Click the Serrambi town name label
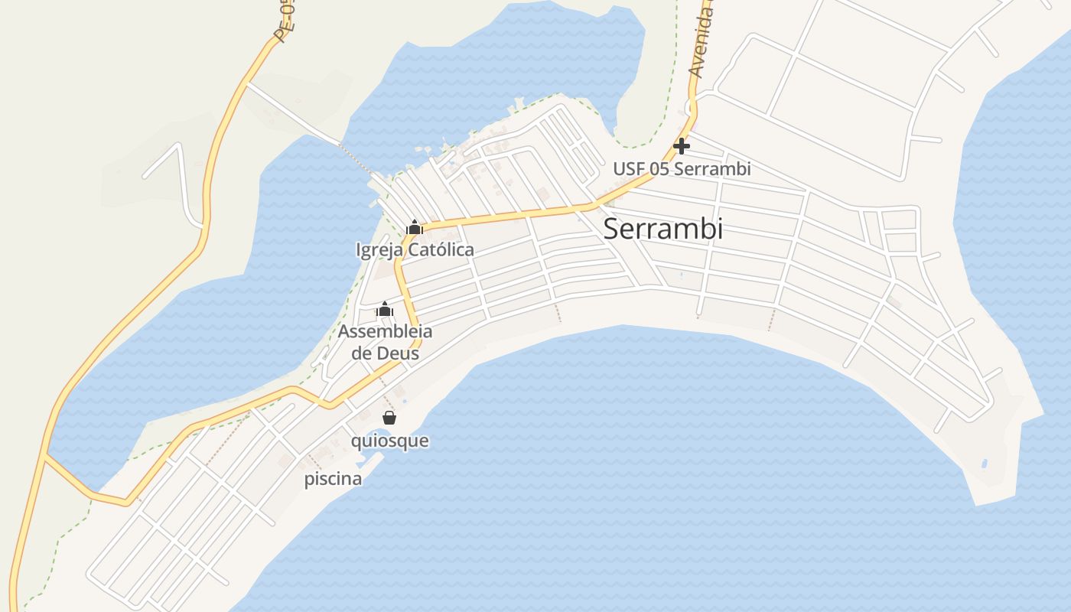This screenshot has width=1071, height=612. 662,229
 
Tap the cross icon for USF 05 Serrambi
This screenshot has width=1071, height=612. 682,145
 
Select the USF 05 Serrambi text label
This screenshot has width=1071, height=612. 682,169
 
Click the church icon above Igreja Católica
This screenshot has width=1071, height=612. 415,227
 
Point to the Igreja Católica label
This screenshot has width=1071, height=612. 415,250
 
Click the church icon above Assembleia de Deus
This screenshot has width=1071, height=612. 385,310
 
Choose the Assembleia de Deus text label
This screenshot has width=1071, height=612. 385,342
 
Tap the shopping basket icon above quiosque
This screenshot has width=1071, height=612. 389,418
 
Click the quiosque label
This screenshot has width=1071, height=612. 389,441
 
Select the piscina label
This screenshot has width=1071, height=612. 333,480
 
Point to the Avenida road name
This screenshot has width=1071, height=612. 701,42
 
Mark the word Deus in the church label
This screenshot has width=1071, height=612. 398,353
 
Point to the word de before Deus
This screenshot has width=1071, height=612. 360,353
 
